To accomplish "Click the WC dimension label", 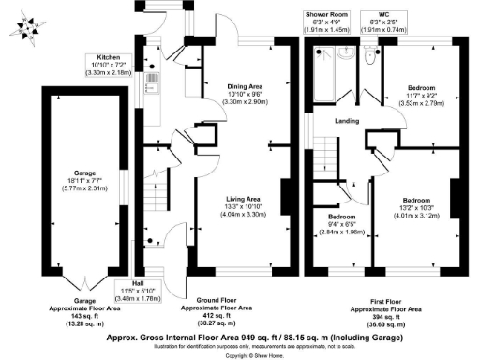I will coord(380,20).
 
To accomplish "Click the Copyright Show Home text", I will coord(240,355).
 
